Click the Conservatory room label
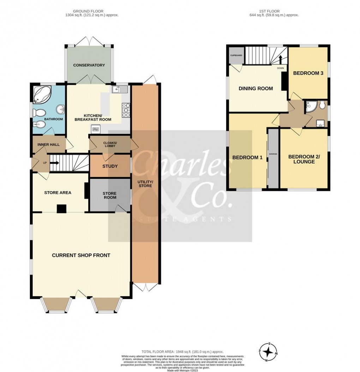pos(89,65)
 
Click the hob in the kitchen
pos(126,110)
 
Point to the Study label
pos(110,166)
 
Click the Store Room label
pos(109,195)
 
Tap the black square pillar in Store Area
pos(61,209)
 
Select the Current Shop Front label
pos(81,255)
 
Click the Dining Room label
pos(256,89)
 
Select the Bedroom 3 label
pos(308,73)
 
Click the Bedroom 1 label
pos(247,158)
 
